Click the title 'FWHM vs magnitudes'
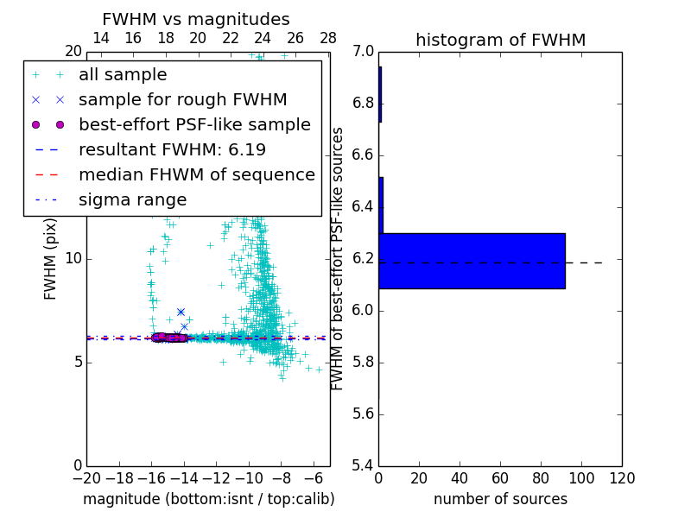pyautogui.click(x=196, y=20)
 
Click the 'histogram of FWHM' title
pyautogui.click(x=500, y=41)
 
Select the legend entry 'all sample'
pyautogui.click(x=123, y=75)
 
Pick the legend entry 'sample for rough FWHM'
pyautogui.click(x=182, y=100)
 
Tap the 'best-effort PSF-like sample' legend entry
pyautogui.click(x=194, y=125)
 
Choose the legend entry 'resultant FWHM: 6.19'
pyautogui.click(x=172, y=150)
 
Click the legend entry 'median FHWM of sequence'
pyautogui.click(x=196, y=175)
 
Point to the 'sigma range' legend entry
pyautogui.click(x=132, y=200)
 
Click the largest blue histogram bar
pyautogui.click(x=472, y=261)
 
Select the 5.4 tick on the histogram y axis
pyautogui.click(x=363, y=465)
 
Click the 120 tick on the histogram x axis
pyautogui.click(x=622, y=478)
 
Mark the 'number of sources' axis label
pyautogui.click(x=500, y=499)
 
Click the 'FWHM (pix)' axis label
pyautogui.click(x=51, y=258)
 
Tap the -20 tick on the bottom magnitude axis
pyautogui.click(x=86, y=478)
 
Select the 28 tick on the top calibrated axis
pyautogui.click(x=328, y=38)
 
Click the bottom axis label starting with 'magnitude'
pyautogui.click(x=208, y=499)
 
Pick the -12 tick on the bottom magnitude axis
pyautogui.click(x=216, y=478)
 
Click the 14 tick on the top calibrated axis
pyautogui.click(x=100, y=38)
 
